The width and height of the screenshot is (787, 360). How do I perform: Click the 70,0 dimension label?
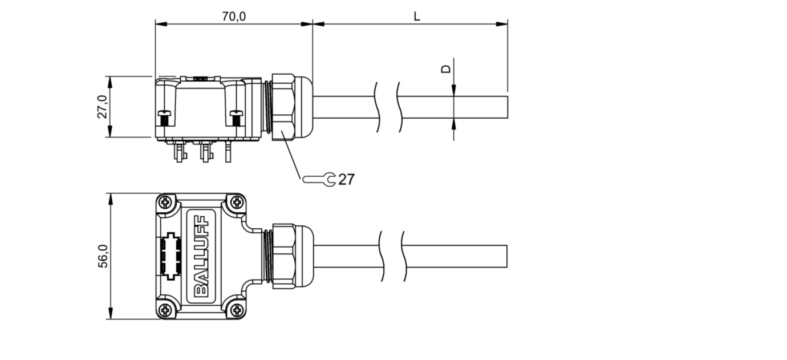[x=234, y=16]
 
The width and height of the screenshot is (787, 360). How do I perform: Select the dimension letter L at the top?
[x=417, y=16]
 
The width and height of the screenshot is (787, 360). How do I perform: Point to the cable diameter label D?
[x=446, y=68]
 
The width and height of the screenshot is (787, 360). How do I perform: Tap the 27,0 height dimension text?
[x=103, y=107]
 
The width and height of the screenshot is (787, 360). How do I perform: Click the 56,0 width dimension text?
[x=103, y=256]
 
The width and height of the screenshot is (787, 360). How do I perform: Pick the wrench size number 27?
[x=346, y=180]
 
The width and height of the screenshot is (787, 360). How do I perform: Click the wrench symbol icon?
[x=319, y=180]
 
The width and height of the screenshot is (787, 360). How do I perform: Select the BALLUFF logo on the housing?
[x=202, y=256]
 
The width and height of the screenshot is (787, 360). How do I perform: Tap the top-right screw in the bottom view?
[x=238, y=202]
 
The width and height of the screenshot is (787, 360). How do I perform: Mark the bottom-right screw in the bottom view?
[x=238, y=310]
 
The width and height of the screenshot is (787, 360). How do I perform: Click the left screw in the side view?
[x=164, y=119]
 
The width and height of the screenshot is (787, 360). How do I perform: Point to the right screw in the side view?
[x=236, y=119]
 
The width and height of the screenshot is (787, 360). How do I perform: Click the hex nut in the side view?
[x=283, y=107]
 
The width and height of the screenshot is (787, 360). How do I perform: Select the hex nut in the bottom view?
[x=284, y=256]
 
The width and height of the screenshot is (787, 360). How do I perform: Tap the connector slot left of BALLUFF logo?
[x=171, y=256]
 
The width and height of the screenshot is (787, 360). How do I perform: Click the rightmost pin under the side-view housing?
[x=228, y=151]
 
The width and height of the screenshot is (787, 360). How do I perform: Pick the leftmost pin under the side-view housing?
[x=179, y=151]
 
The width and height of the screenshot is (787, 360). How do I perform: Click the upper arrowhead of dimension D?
[x=453, y=90]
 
